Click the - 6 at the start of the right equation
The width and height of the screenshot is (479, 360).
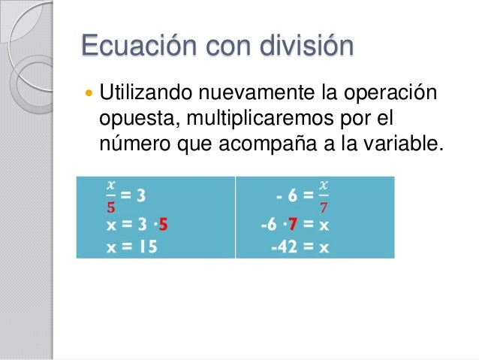coord(286,197)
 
